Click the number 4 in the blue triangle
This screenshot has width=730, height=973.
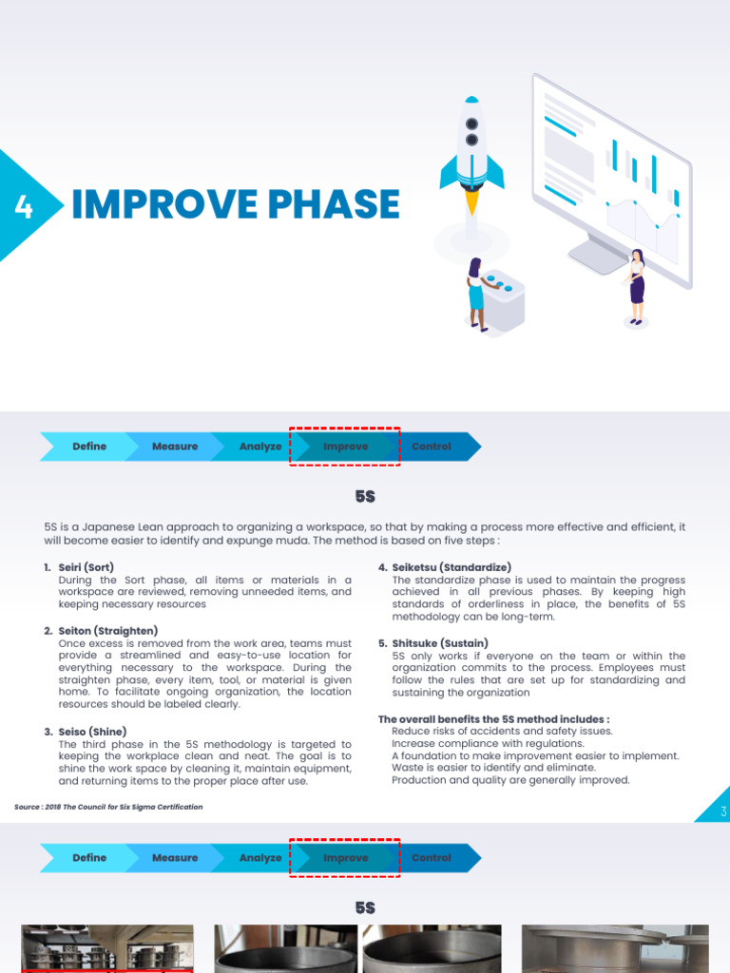(24, 206)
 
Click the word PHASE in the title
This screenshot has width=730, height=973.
(328, 205)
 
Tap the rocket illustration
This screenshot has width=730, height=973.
(471, 152)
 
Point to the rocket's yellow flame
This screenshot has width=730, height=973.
(471, 201)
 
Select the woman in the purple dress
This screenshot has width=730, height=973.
(636, 285)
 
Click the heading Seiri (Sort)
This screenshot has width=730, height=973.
(86, 567)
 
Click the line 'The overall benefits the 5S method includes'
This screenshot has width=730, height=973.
(494, 719)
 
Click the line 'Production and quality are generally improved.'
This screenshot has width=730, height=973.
(510, 780)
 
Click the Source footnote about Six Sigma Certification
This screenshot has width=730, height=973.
(108, 807)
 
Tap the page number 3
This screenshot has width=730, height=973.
(723, 811)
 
